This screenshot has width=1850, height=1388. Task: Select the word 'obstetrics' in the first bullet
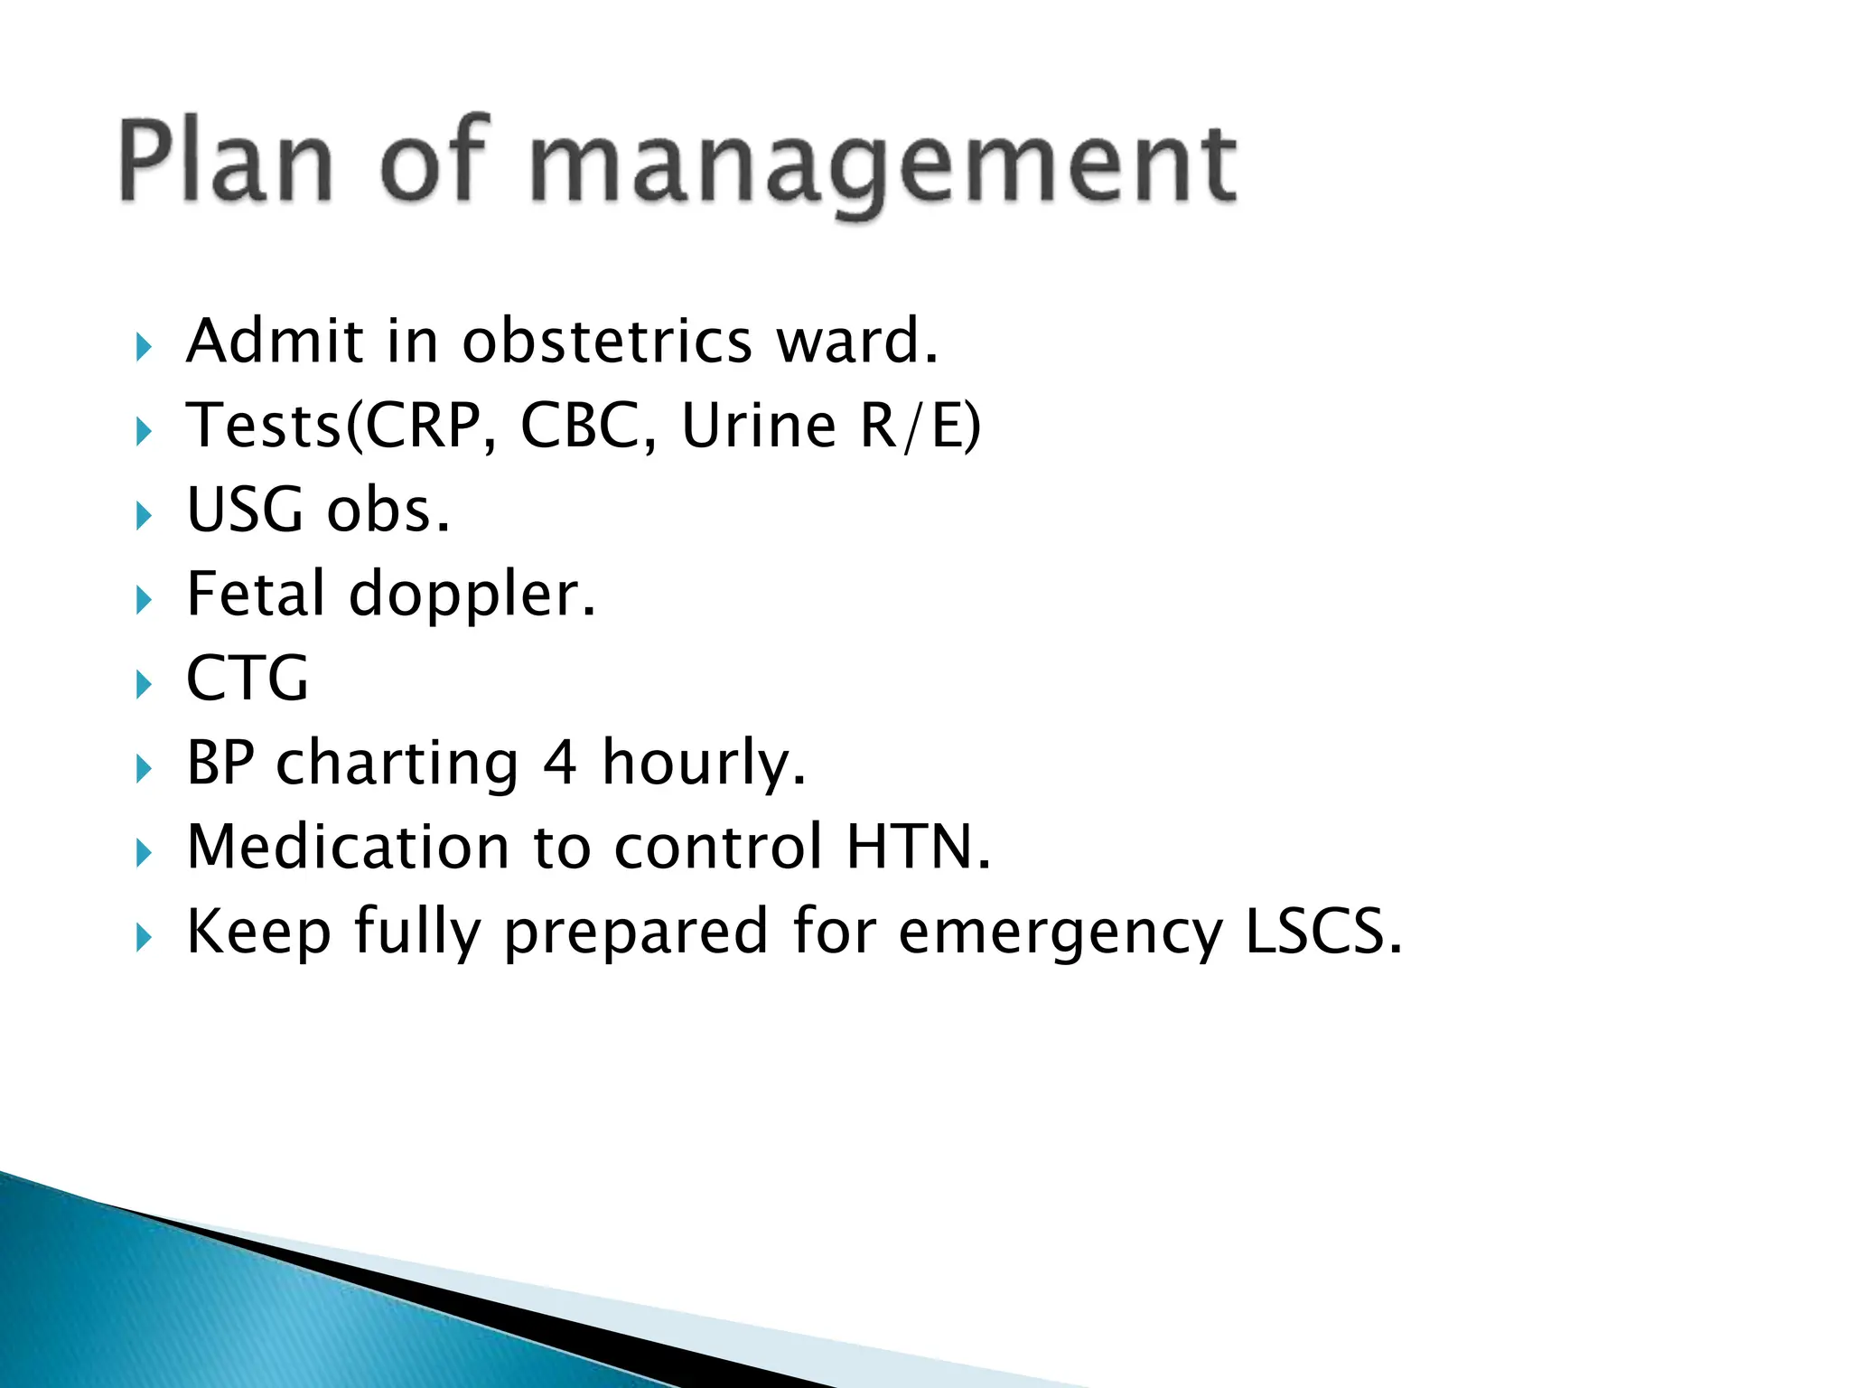[x=607, y=342]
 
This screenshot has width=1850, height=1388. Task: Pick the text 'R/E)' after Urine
[x=920, y=426]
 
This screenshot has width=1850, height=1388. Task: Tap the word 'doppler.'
[x=472, y=596]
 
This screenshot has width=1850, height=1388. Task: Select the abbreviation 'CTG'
[x=248, y=679]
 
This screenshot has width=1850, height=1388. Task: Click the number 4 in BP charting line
[x=559, y=763]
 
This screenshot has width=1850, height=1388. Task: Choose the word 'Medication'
[x=349, y=848]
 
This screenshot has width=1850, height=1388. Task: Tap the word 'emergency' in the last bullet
[x=1060, y=933]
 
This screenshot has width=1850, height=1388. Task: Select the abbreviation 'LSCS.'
[x=1323, y=932]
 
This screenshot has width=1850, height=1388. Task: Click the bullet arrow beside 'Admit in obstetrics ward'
[x=144, y=347]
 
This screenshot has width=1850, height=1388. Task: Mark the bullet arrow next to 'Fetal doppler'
[x=144, y=600]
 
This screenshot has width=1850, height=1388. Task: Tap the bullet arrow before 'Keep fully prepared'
[x=144, y=938]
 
